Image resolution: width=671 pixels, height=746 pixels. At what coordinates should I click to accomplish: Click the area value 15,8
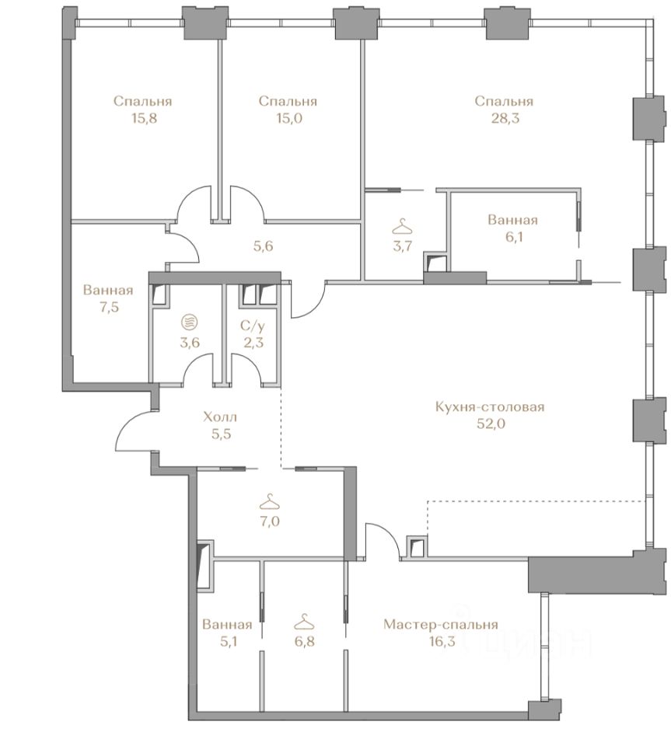[x=144, y=118]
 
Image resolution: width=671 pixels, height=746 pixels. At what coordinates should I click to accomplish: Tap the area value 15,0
[x=289, y=118]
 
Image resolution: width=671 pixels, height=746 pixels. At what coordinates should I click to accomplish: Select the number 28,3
[x=505, y=118]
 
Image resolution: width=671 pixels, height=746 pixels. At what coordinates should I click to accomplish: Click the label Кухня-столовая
[x=490, y=406]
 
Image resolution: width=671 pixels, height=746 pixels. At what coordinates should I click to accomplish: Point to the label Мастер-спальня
[x=440, y=624]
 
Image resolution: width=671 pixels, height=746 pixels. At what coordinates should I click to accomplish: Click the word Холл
[x=220, y=417]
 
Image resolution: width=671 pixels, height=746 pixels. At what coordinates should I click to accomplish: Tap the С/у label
[x=253, y=326]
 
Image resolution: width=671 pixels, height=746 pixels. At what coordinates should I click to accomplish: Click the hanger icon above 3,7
[x=403, y=226]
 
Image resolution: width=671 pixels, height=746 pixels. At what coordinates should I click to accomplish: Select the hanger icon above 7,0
[x=270, y=501]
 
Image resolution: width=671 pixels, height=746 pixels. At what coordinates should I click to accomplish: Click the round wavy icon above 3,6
[x=190, y=322]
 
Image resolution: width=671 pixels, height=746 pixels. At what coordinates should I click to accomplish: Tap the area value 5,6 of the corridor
[x=263, y=246]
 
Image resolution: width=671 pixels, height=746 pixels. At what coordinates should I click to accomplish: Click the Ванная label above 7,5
[x=108, y=290]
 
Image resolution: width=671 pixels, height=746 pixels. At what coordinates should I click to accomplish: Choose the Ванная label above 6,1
[x=512, y=220]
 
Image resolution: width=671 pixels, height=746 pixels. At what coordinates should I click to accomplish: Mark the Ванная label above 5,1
[x=227, y=624]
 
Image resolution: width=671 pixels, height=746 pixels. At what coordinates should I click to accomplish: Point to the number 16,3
[x=441, y=641]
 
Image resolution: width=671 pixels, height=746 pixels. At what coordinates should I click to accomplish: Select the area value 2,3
[x=253, y=343]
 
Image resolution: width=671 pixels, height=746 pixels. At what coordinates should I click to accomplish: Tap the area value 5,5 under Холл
[x=221, y=434]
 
